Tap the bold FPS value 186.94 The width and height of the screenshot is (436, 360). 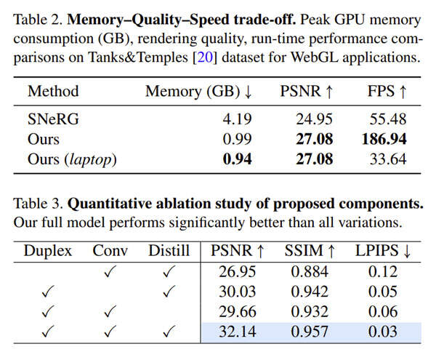[377, 139]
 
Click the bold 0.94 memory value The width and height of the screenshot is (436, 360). [235, 159]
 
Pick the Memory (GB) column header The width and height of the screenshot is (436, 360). [198, 92]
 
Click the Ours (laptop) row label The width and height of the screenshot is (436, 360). [72, 159]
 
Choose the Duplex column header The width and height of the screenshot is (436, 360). [48, 252]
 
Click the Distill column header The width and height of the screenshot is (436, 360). [168, 252]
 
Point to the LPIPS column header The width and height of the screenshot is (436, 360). [382, 252]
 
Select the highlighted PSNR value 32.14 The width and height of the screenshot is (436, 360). [236, 332]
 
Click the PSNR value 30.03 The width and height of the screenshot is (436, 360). [236, 292]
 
